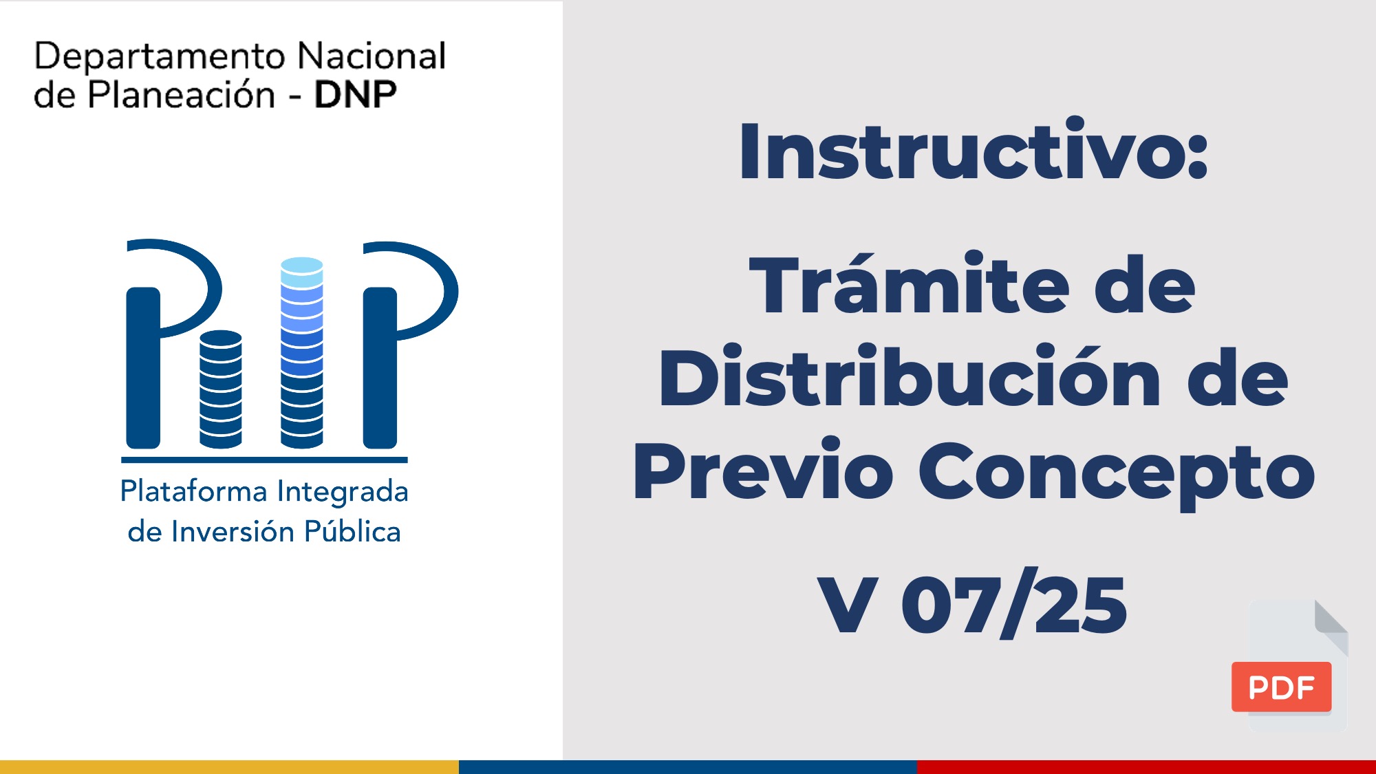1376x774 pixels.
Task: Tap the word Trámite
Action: tap(909, 283)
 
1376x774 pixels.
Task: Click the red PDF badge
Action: tap(1281, 687)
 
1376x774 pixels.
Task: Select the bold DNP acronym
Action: tap(355, 95)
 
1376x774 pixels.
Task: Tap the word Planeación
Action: tap(182, 94)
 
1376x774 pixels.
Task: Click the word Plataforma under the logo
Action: tap(194, 491)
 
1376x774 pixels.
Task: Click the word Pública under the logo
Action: tap(352, 531)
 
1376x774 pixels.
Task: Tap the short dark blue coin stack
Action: tap(221, 389)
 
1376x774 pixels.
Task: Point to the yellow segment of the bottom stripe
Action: tap(229, 767)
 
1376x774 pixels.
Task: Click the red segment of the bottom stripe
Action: tap(1146, 767)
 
